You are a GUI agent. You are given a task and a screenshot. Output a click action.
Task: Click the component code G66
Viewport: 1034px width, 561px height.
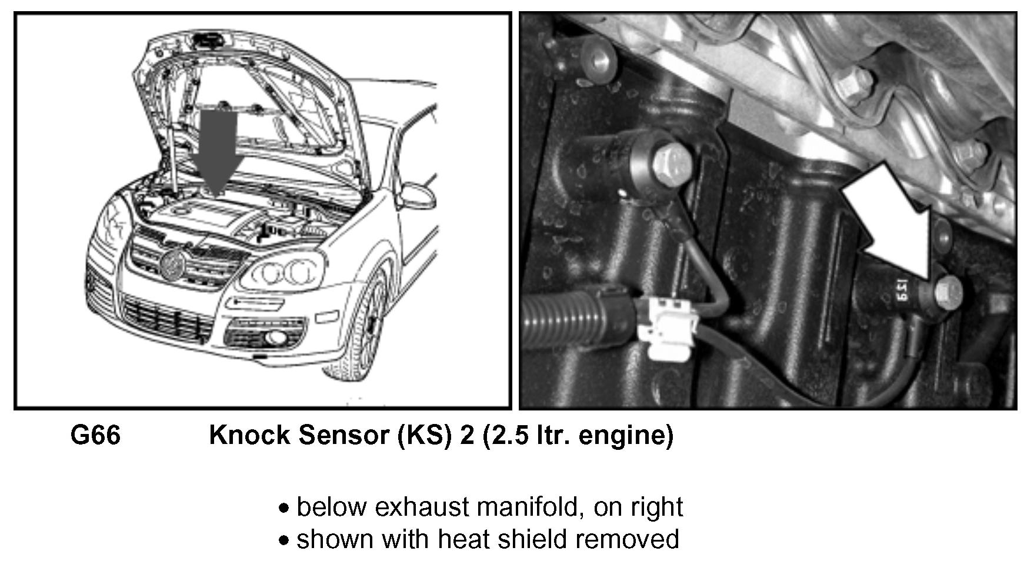[x=95, y=436]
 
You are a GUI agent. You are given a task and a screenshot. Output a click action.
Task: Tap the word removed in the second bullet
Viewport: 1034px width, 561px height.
[x=627, y=539]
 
